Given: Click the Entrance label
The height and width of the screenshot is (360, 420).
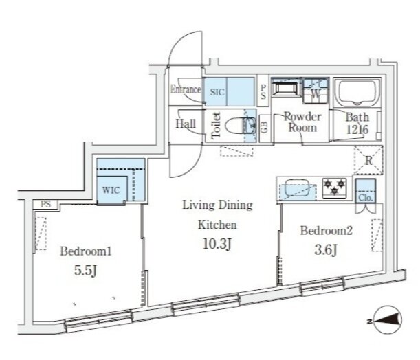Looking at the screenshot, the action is tap(186, 89).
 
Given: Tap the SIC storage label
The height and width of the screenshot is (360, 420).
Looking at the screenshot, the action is tap(217, 92).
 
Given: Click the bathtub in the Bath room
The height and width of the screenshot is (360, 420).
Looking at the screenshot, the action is tap(357, 93).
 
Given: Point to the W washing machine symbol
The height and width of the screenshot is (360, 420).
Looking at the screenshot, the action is tap(316, 91).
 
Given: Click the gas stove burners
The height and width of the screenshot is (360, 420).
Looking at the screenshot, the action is tap(334, 188).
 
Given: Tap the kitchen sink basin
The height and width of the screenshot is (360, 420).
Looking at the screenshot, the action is tap(298, 188).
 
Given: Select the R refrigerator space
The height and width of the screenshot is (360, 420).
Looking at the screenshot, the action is tap(368, 160).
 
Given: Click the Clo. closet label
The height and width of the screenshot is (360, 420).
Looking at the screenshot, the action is tap(366, 198).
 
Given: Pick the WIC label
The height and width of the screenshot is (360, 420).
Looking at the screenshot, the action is tap(111, 190).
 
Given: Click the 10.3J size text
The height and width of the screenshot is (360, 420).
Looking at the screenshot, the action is tap(217, 244).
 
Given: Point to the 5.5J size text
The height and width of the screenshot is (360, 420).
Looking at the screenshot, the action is tap(85, 271).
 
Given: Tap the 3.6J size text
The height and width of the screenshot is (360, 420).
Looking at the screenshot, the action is tap(326, 250).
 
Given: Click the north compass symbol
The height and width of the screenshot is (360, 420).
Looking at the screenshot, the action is tap(387, 320).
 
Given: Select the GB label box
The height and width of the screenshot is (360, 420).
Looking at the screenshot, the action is tap(265, 128).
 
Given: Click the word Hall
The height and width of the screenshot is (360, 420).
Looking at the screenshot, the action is tap(186, 124).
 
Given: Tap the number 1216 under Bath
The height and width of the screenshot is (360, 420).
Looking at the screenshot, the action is tap(357, 130).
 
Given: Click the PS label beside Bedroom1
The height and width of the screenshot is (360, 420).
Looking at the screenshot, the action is tap(46, 204).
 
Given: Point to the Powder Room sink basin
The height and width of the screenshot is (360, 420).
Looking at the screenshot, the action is tap(285, 88).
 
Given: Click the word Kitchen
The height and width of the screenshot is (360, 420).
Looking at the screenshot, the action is tap(217, 225).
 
